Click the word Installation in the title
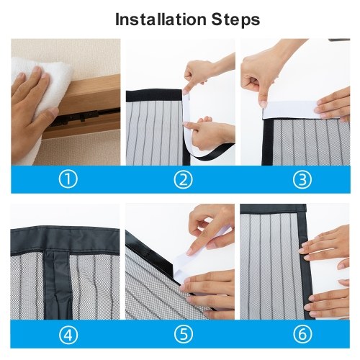point(161,19)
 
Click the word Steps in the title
point(235,19)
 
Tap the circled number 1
point(68,179)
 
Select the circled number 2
point(183,179)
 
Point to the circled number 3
point(302,179)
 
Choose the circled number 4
point(68,334)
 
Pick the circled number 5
point(183,334)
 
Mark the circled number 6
point(302,334)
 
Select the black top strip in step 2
point(154,95)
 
